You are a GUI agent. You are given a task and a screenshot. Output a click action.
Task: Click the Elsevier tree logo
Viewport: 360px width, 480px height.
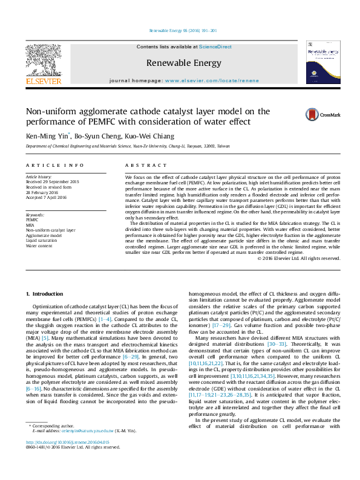click(x=43, y=61)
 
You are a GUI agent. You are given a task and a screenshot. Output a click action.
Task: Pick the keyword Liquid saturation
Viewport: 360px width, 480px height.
click(x=42, y=241)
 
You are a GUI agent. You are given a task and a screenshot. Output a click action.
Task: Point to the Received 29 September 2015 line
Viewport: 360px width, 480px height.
click(x=52, y=181)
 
